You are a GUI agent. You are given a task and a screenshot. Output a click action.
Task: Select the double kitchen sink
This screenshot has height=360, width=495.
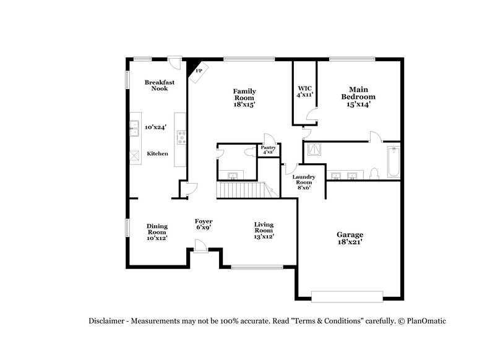[133, 128]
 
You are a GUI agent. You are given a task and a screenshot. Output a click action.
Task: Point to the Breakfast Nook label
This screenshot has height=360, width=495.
[156, 85]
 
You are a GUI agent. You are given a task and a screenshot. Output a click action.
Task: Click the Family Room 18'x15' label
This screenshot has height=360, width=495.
[244, 98]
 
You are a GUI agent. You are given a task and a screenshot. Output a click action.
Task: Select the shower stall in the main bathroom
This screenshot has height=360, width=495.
[314, 149]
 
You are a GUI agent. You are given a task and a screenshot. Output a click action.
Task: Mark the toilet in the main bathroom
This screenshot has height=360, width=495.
[374, 174]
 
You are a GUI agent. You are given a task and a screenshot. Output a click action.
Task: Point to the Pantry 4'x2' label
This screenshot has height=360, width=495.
[268, 150]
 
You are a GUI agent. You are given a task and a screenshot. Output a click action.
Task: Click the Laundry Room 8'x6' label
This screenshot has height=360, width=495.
[304, 182]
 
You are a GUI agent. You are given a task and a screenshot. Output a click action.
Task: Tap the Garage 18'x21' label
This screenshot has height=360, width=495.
[350, 238]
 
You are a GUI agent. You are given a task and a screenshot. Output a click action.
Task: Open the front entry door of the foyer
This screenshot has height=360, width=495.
[199, 248]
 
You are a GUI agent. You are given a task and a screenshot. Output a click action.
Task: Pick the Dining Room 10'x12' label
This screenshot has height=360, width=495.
[157, 232]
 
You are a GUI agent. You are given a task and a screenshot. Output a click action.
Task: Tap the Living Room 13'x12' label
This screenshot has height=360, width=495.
[264, 230]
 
